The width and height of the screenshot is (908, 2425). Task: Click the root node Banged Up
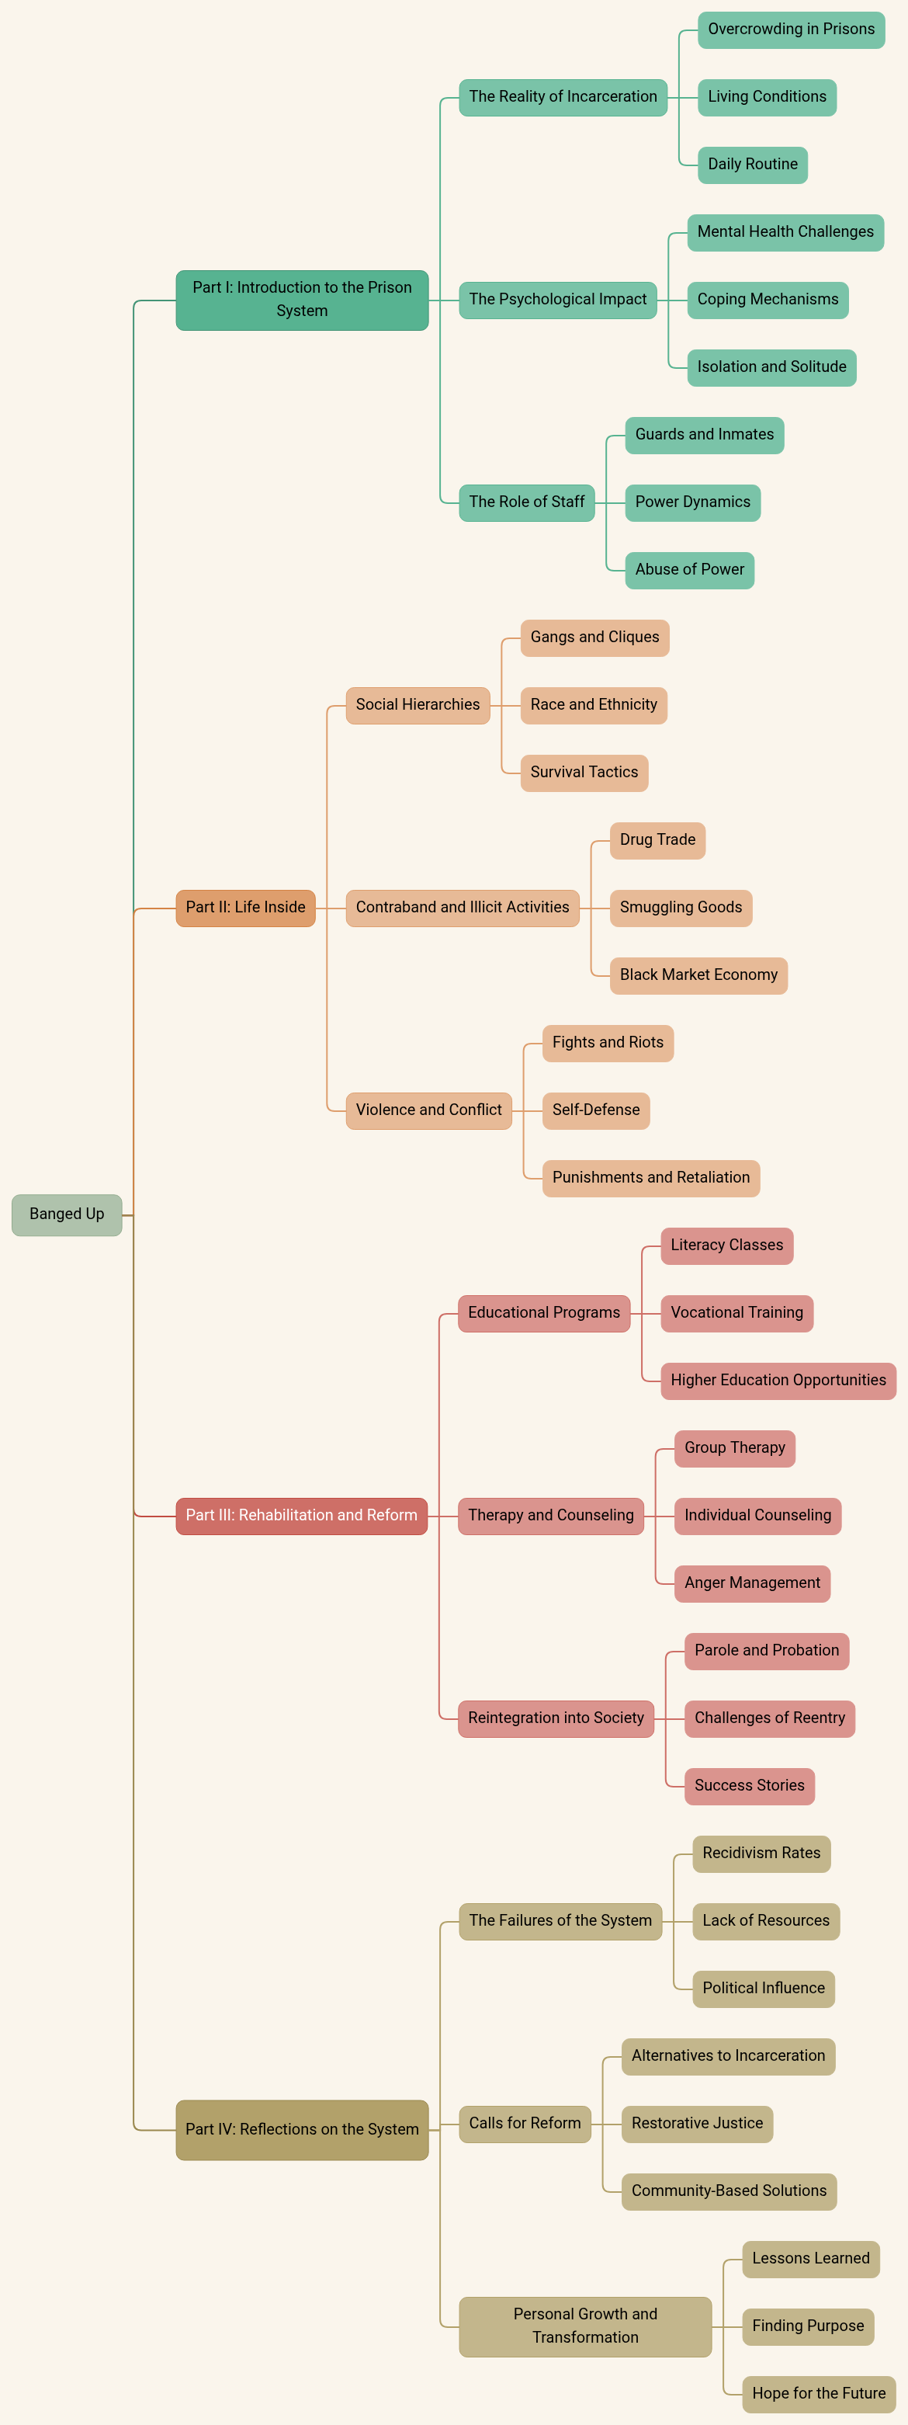[x=67, y=1214]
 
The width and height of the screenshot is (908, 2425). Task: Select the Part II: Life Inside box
[x=245, y=908]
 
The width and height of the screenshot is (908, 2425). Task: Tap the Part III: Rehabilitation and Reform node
[x=301, y=1516]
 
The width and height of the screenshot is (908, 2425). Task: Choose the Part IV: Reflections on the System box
[x=302, y=2129]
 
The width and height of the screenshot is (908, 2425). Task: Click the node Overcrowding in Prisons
[x=790, y=30]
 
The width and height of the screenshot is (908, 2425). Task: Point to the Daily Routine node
[x=752, y=165]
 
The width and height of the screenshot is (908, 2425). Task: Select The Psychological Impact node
[x=557, y=300]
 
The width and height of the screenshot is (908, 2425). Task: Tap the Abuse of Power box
[x=689, y=569]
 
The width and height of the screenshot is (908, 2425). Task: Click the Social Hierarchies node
[x=418, y=705]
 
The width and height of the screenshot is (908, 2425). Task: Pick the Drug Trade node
[x=657, y=839]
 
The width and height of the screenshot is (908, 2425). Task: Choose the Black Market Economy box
[x=698, y=975]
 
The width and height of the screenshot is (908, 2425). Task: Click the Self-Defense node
[x=595, y=1110]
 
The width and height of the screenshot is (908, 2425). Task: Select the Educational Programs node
[x=544, y=1313]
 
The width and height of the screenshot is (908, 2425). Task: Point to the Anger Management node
[x=752, y=1583]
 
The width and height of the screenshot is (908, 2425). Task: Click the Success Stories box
[x=749, y=1786]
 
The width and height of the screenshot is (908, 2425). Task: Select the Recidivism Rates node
[x=761, y=1853]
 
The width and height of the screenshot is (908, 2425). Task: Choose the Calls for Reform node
[x=525, y=2124]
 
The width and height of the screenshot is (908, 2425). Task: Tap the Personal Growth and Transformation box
[x=584, y=2326]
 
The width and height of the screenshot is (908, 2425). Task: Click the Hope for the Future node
[x=818, y=2394]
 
